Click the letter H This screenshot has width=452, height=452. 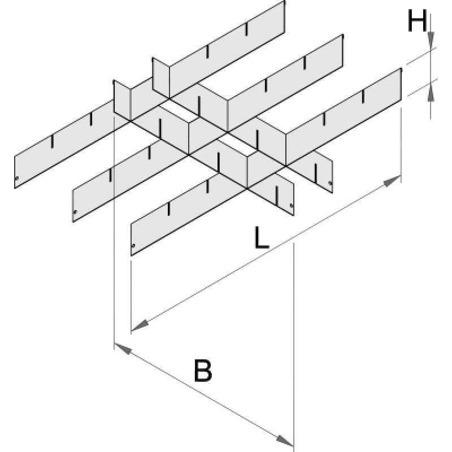coord(417,22)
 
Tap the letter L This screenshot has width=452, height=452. coord(260,238)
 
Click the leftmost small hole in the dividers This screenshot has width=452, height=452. coord(18,181)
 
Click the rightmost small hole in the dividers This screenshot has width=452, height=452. coord(329,182)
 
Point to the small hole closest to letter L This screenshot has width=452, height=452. coord(292,206)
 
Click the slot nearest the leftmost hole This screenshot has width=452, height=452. coord(53,141)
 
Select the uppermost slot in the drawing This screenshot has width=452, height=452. coord(247,28)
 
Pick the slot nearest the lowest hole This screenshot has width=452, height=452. coord(169,208)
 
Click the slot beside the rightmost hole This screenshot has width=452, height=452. coord(317,169)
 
